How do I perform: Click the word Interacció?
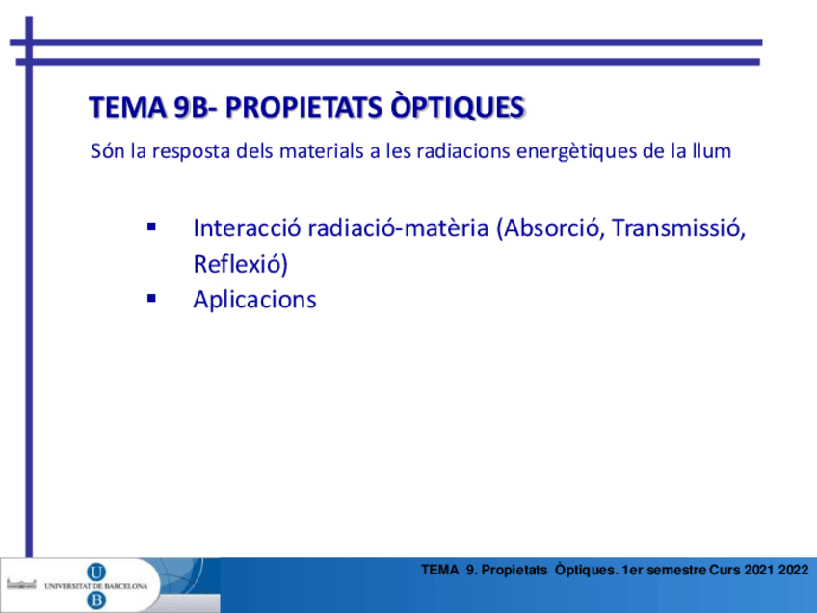[247, 227]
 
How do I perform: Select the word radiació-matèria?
[398, 227]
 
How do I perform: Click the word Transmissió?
[678, 228]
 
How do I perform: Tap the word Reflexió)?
[240, 264]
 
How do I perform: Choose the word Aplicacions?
[254, 300]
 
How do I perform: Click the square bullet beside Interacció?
[151, 227]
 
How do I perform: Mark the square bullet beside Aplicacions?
[151, 299]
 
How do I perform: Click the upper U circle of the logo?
[96, 573]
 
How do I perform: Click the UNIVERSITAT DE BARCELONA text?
[96, 586]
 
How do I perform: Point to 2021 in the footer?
[760, 570]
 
